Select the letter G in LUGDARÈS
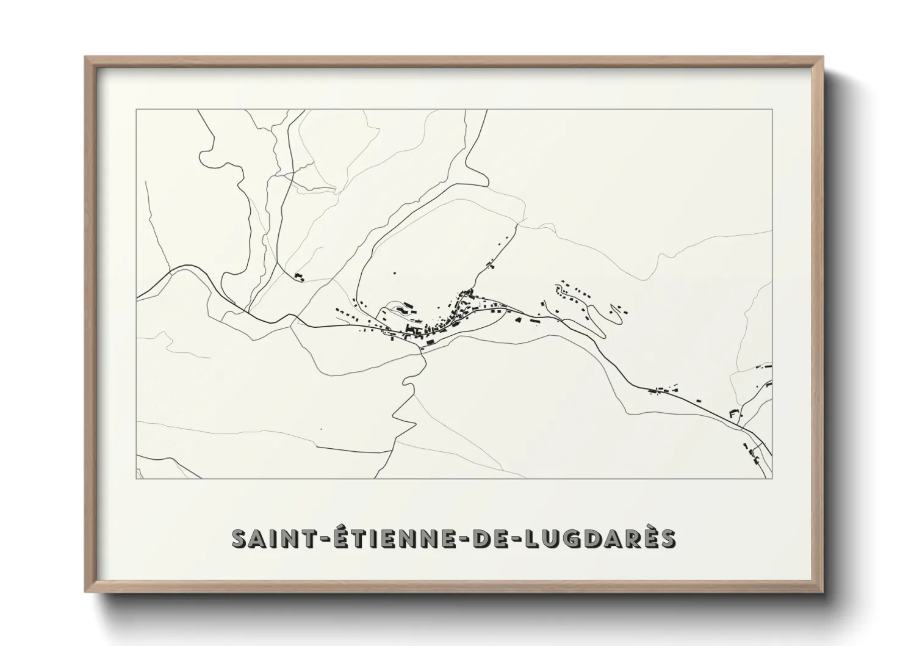pyautogui.click(x=559, y=539)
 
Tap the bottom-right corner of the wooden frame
pyautogui.click(x=822, y=592)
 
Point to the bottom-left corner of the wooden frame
pyautogui.click(x=85, y=592)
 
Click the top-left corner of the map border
pyautogui.click(x=136, y=110)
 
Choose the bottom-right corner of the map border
pyautogui.click(x=772, y=479)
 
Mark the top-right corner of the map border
pyautogui.click(x=772, y=110)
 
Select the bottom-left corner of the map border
pyautogui.click(x=136, y=479)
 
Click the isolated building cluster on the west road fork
pyautogui.click(x=299, y=277)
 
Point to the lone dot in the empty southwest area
pyautogui.click(x=321, y=429)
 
